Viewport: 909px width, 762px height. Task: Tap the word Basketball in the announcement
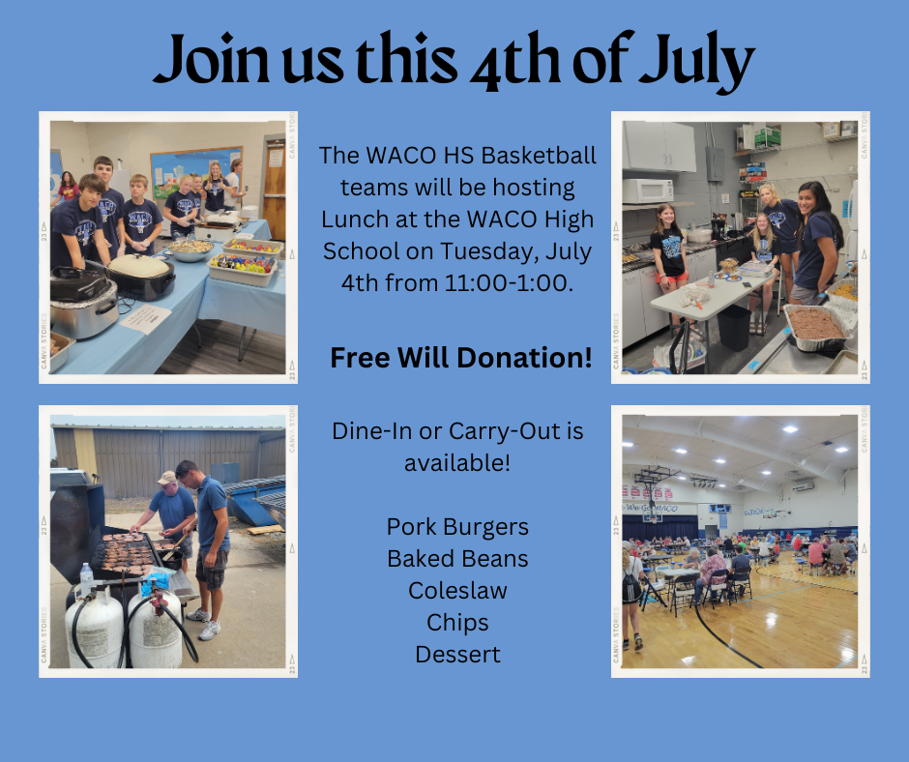pyautogui.click(x=539, y=156)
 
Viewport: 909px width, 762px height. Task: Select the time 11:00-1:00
pyautogui.click(x=509, y=283)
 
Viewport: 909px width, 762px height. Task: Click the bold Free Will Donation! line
pyautogui.click(x=461, y=357)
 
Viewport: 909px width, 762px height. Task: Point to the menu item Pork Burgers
pyautogui.click(x=457, y=527)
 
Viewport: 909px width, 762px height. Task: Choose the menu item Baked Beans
pyautogui.click(x=457, y=559)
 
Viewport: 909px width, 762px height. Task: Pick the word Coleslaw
pyautogui.click(x=457, y=590)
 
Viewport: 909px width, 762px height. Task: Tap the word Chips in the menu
pyautogui.click(x=457, y=623)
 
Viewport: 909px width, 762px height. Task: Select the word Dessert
pyautogui.click(x=457, y=654)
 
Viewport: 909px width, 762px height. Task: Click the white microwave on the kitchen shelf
pyautogui.click(x=648, y=190)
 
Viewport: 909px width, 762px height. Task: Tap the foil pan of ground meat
pyautogui.click(x=816, y=327)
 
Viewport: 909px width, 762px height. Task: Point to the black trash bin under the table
pyautogui.click(x=734, y=328)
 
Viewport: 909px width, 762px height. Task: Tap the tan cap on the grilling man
pyautogui.click(x=167, y=478)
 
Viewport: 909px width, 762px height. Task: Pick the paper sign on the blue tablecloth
pyautogui.click(x=145, y=318)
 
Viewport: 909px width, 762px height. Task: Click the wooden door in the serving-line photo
pyautogui.click(x=275, y=190)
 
